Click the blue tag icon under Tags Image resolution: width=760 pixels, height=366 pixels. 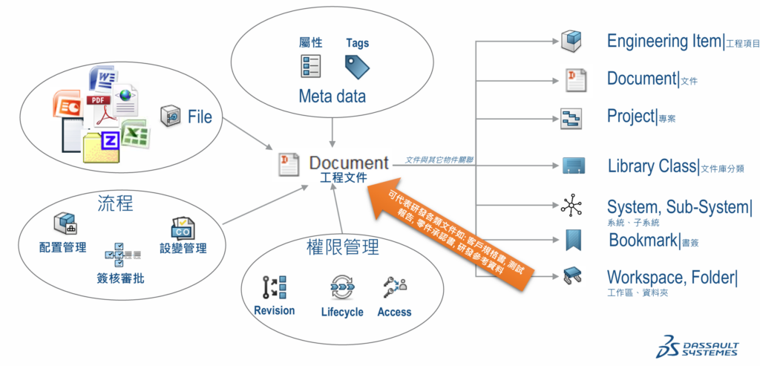coord(357,67)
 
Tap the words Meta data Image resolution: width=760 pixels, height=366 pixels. coord(332,97)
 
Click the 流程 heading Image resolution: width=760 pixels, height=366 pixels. coord(116,203)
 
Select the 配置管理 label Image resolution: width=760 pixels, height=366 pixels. coord(62,246)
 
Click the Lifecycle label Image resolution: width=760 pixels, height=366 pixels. coord(342,312)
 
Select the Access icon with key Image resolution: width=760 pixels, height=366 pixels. coord(394,287)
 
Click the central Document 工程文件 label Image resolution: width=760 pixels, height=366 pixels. coord(348,168)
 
